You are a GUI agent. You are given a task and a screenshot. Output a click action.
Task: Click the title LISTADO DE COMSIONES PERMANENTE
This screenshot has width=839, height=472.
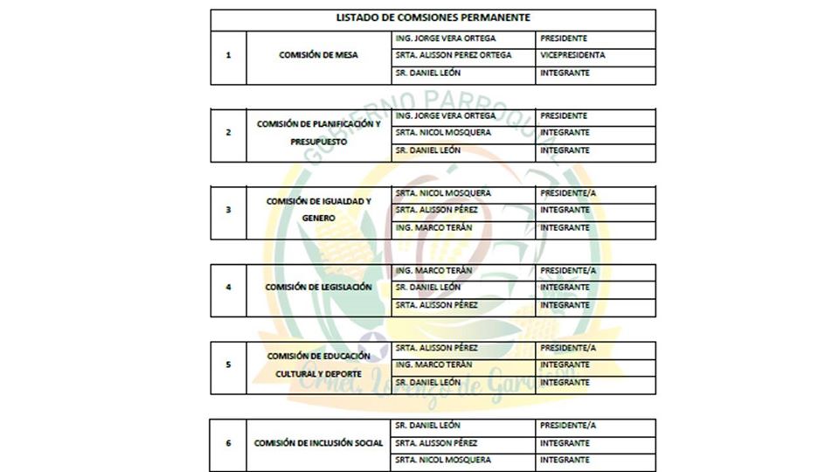433,17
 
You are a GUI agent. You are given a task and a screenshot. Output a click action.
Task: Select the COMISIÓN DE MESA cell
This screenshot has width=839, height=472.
318,55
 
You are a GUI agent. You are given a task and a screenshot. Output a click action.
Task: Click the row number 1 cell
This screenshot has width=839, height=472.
228,55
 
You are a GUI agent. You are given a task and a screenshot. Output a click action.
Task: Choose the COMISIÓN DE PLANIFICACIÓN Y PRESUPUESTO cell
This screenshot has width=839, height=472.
318,132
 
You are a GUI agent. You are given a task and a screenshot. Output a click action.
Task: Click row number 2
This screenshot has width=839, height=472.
228,133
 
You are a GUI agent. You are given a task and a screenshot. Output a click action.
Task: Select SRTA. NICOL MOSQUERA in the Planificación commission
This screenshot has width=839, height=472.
443,133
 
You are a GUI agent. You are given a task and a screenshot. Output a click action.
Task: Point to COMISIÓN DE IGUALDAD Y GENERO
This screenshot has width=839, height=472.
318,210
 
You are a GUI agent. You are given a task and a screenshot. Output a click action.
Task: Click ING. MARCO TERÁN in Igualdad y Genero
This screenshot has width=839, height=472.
434,227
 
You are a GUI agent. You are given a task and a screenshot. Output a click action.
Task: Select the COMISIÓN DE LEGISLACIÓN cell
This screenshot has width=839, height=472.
318,288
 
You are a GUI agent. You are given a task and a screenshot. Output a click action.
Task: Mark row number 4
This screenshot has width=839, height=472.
228,288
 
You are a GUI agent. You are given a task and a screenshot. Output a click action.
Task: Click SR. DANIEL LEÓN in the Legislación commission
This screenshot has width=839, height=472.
428,288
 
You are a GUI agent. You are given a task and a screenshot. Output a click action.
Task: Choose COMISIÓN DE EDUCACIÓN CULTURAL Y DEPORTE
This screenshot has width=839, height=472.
318,364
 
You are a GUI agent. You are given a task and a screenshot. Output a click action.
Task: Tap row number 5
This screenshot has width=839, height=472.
228,364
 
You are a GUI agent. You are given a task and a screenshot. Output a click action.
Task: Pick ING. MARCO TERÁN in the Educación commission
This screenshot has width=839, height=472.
434,364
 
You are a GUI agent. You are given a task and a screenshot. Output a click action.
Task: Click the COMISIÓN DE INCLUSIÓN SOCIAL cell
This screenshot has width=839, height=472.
318,443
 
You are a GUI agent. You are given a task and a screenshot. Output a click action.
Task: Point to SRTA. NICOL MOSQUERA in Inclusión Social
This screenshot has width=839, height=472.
443,460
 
